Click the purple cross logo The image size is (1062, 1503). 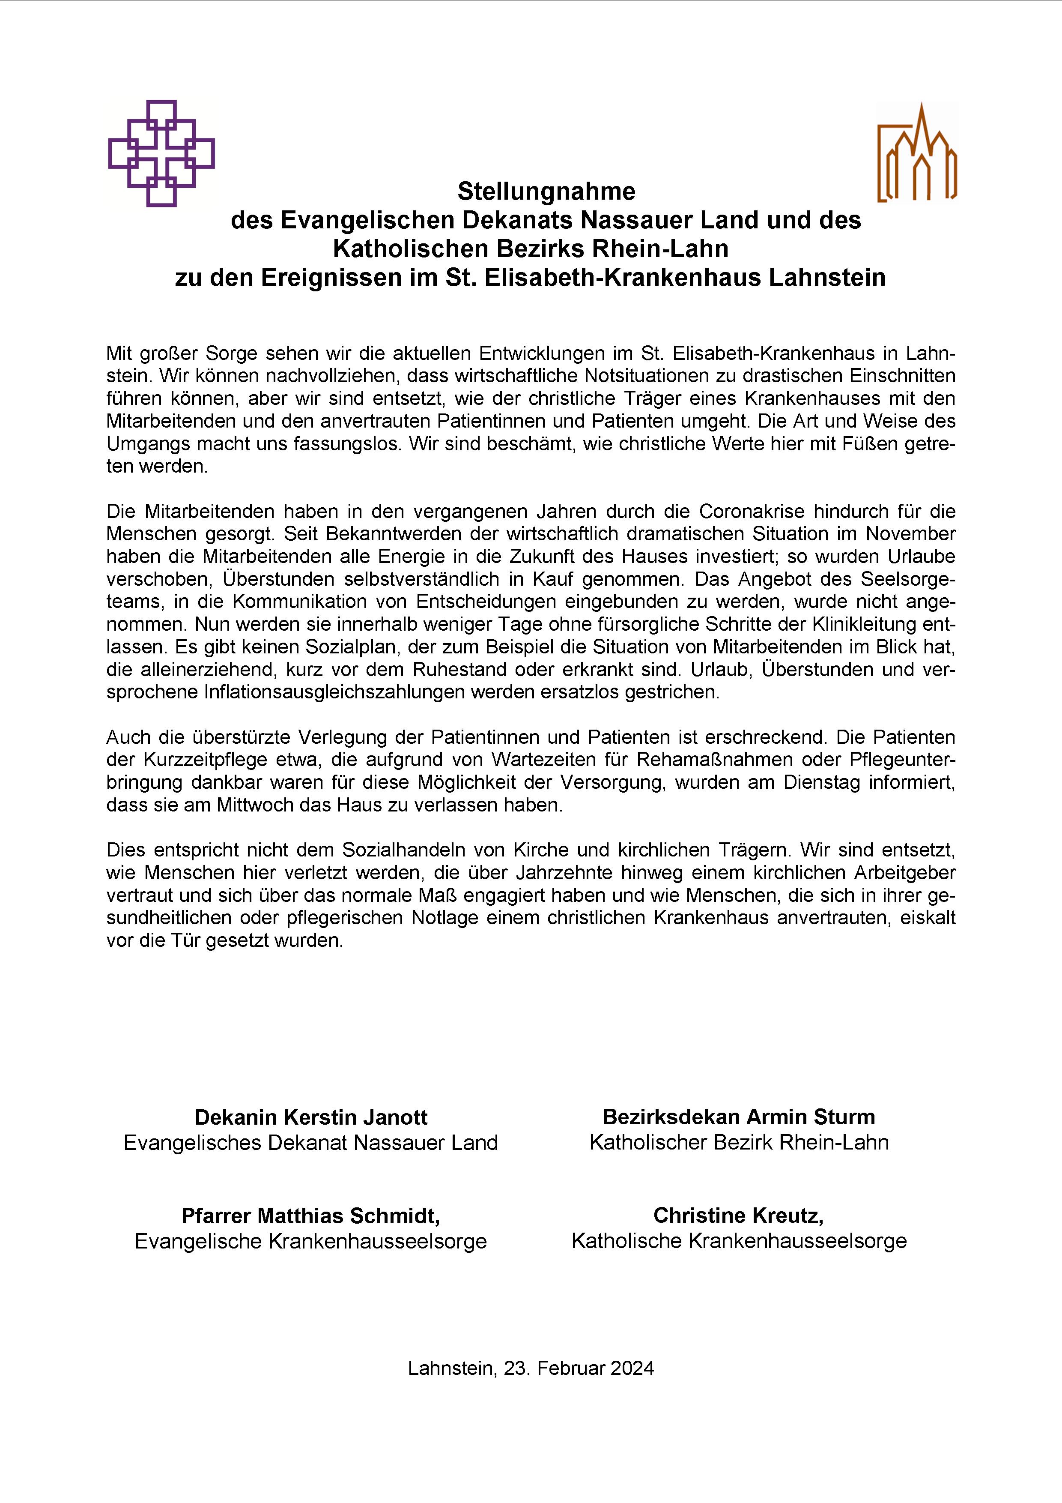coord(161,153)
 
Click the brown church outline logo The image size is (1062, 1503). coord(917,154)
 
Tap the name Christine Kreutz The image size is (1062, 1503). coord(738,1215)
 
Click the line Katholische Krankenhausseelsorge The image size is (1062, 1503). coord(739,1240)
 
